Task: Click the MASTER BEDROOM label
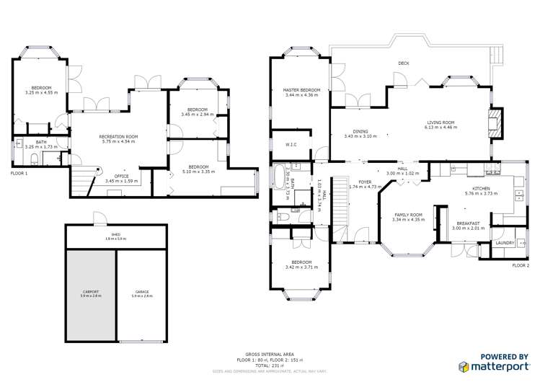(301, 90)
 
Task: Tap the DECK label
(404, 63)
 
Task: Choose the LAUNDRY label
(505, 243)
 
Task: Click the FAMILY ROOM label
(406, 215)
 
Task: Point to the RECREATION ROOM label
(118, 136)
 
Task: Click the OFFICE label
(122, 176)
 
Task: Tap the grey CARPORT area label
(91, 292)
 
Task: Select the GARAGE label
(141, 292)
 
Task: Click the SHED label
(115, 235)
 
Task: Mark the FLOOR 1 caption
(19, 174)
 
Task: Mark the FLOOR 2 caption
(520, 265)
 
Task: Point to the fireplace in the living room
(494, 123)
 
